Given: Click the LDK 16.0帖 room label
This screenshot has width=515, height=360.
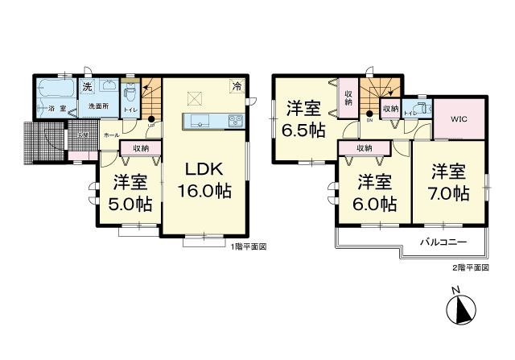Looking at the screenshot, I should [x=204, y=181].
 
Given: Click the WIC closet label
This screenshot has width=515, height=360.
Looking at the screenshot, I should [x=459, y=120].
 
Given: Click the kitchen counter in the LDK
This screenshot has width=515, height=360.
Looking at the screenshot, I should [x=211, y=121].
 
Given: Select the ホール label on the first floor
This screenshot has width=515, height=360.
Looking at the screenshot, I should [x=111, y=135].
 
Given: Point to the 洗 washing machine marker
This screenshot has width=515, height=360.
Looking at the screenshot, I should [x=85, y=85].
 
